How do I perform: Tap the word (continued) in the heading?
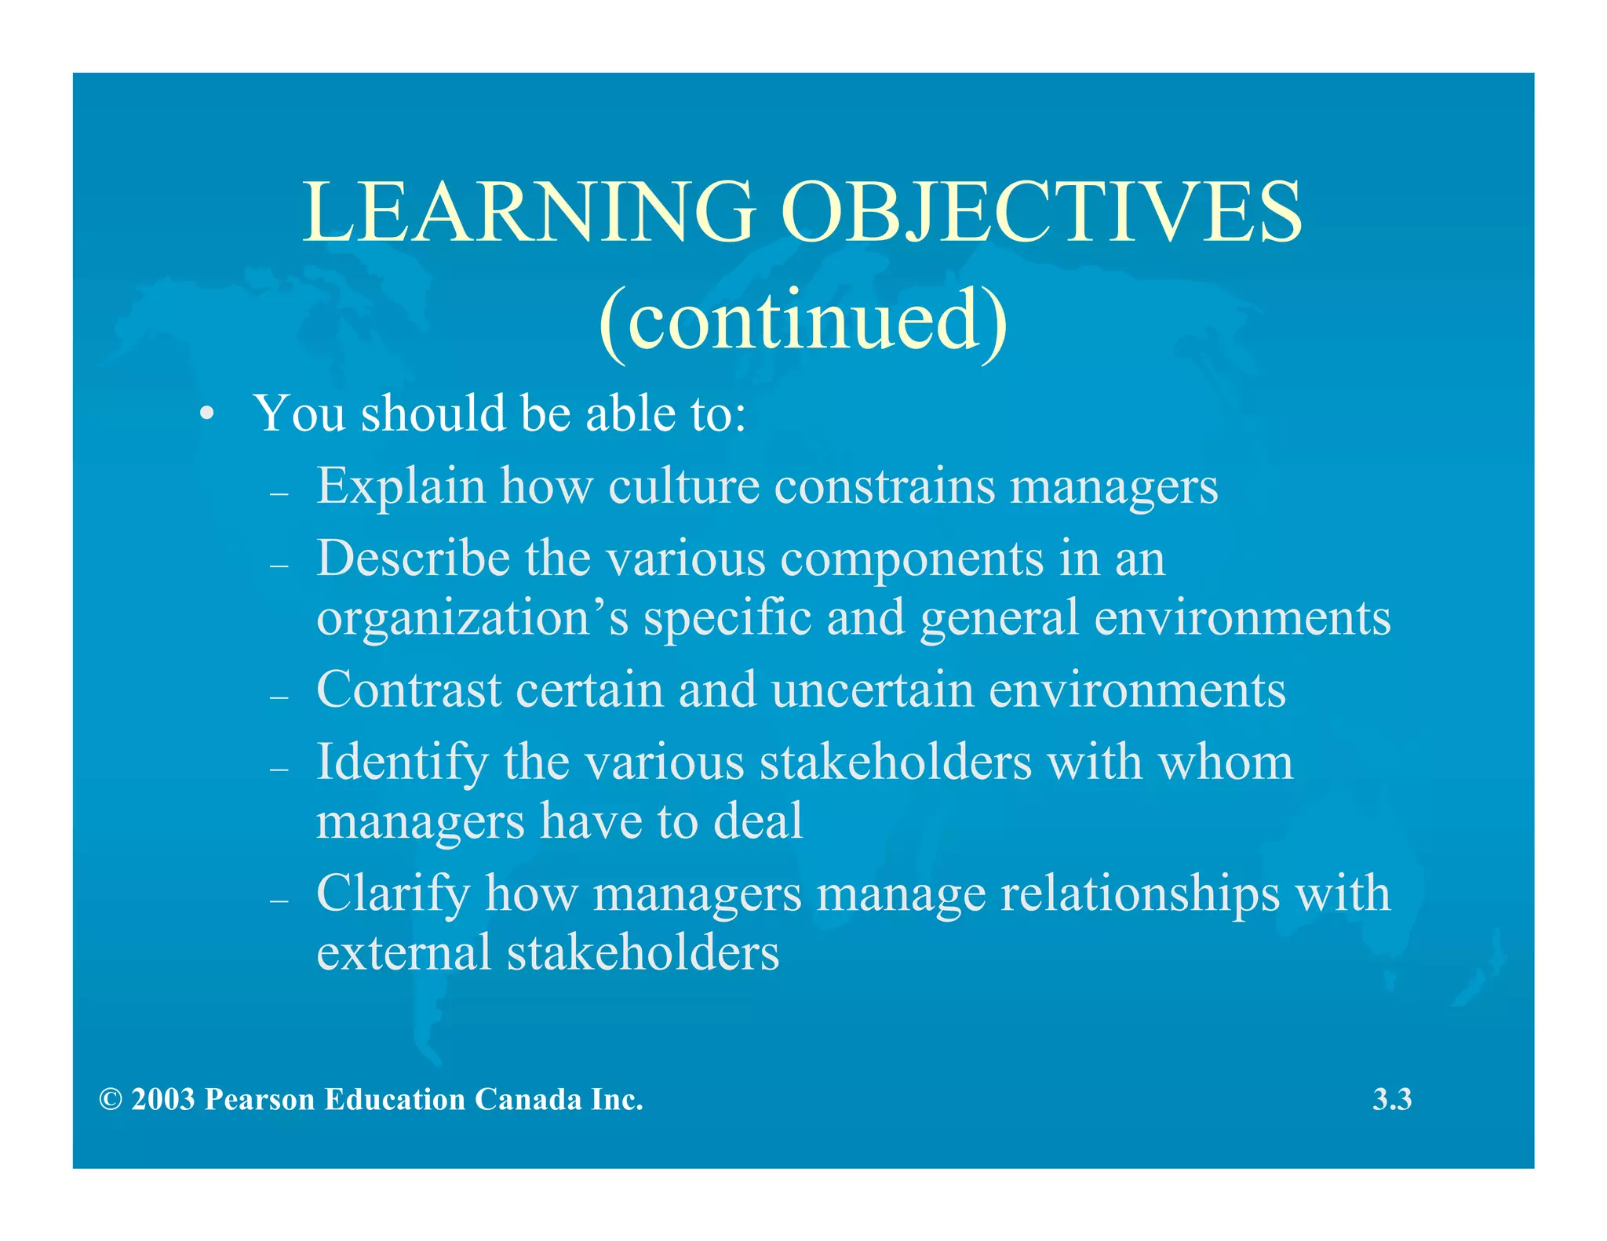click(x=802, y=320)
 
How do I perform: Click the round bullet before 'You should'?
click(x=206, y=414)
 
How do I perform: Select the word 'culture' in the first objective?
click(x=683, y=486)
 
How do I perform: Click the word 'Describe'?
click(x=414, y=559)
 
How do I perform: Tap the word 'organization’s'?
click(x=472, y=619)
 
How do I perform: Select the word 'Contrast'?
click(x=409, y=690)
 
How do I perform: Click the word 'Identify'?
click(x=402, y=763)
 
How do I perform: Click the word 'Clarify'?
click(x=393, y=894)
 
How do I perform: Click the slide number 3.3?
click(x=1392, y=1099)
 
